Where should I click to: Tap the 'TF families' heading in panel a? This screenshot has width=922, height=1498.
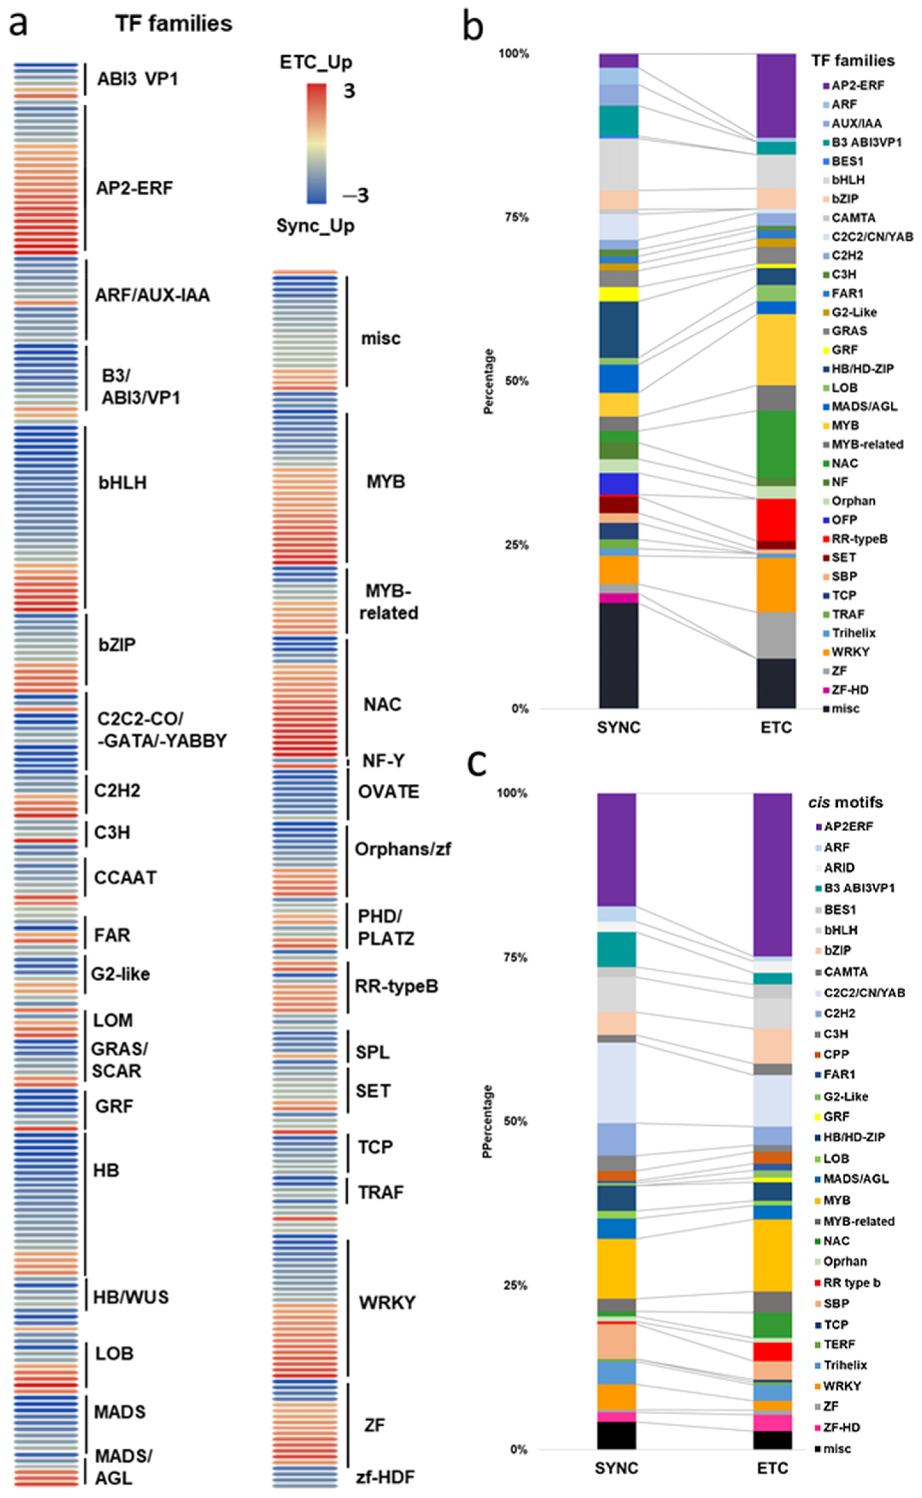click(174, 24)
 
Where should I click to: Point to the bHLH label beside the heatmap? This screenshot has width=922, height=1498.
click(122, 483)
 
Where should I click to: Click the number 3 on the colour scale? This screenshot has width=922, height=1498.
click(349, 91)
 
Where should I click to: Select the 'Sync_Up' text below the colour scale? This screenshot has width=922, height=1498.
click(315, 226)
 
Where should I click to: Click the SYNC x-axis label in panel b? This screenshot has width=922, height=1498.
click(619, 727)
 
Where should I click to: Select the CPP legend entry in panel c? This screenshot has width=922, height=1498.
click(836, 1054)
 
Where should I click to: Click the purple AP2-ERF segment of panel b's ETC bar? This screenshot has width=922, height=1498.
click(776, 95)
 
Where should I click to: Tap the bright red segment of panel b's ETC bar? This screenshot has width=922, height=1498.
click(776, 520)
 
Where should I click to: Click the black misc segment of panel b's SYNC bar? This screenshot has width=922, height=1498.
click(619, 655)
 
